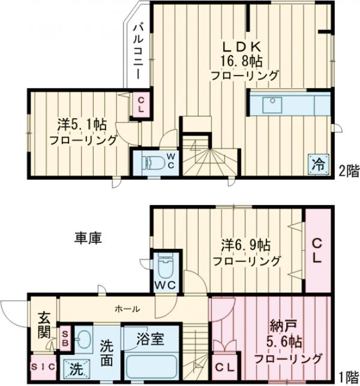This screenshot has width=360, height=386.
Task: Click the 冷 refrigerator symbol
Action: coord(319,162)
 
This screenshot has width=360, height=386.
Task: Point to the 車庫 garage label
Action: coord(88,238)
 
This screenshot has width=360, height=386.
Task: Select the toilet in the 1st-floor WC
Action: coord(164,264)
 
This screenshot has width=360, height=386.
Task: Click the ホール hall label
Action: coord(128,309)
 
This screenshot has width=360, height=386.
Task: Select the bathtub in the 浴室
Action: coord(152,365)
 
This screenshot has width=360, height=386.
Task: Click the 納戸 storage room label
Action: coord(278,328)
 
